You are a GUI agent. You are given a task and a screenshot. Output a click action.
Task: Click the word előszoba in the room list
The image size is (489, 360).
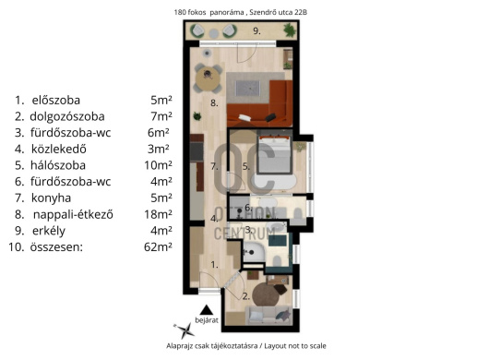pyautogui.click(x=56, y=100)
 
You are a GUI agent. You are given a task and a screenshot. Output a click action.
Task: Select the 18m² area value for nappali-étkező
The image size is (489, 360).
pyautogui.click(x=158, y=214)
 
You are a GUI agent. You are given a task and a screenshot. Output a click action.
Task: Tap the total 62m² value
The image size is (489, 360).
pyautogui.click(x=158, y=246)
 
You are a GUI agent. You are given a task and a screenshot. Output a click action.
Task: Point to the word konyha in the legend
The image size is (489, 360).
pyautogui.click(x=51, y=198)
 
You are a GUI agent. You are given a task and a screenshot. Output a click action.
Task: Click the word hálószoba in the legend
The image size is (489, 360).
pyautogui.click(x=58, y=165)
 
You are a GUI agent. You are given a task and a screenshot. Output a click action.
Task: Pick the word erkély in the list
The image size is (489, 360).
pyautogui.click(x=49, y=231)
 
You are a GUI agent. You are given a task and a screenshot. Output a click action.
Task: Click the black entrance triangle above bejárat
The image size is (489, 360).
pyautogui.click(x=206, y=310)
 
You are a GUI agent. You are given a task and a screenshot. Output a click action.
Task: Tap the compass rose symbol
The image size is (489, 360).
pyautogui.click(x=185, y=330)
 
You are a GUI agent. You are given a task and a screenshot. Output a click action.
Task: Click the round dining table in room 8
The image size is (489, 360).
pyautogui.click(x=208, y=78)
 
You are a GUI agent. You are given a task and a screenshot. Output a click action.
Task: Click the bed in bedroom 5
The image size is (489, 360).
pyautogui.click(x=274, y=154)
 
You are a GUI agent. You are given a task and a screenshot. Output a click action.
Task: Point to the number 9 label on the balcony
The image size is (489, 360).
pyautogui.click(x=256, y=30)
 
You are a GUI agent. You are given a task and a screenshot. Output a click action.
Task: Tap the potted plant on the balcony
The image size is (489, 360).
pyautogui.click(x=290, y=30)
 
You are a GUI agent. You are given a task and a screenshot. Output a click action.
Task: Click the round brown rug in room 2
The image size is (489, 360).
pyautogui.click(x=266, y=294)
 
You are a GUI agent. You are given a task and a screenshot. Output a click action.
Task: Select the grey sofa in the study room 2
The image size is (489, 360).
pyautogui.click(x=268, y=316)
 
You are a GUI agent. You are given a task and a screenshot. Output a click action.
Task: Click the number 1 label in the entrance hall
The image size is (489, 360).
pyautogui.click(x=214, y=265)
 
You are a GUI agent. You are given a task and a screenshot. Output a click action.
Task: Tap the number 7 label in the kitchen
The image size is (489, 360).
pyautogui.click(x=214, y=166)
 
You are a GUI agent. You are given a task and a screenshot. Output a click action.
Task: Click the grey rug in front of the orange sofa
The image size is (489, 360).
pyautogui.click(x=248, y=89)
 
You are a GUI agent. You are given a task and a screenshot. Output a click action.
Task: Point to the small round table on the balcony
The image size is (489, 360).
pyautogui.click(x=214, y=33)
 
